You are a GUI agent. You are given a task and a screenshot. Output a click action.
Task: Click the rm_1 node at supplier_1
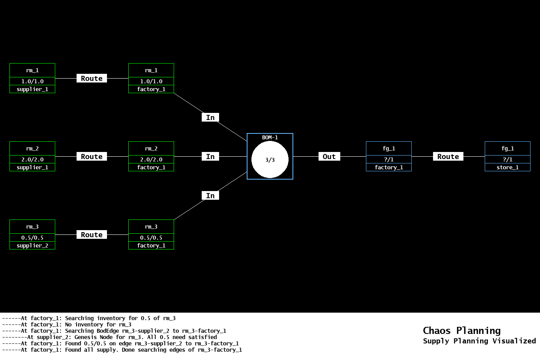32,78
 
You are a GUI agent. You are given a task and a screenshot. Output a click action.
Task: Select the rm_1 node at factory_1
151,78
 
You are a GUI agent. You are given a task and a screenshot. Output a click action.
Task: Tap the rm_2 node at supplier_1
32,156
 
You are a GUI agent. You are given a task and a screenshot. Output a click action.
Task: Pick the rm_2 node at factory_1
151,156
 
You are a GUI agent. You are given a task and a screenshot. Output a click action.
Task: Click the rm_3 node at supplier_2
32,234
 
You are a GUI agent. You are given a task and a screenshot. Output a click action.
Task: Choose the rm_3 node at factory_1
151,234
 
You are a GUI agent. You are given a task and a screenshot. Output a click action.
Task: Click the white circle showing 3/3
270,160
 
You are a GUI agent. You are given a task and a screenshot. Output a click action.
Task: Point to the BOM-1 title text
270,137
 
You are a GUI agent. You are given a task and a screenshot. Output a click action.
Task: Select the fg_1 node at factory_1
389,156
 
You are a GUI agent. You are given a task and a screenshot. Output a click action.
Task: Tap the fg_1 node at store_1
508,156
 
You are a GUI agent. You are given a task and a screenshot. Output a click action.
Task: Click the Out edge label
329,156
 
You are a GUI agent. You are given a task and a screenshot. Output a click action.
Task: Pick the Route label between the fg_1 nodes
448,156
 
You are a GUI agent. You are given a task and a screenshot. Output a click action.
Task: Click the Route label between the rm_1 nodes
92,78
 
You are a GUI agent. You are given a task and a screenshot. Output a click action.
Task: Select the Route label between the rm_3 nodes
92,234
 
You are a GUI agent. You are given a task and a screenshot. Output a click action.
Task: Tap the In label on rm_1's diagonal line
210,117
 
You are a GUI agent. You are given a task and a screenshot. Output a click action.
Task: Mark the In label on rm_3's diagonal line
210,195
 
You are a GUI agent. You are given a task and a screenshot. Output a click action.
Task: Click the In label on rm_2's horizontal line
210,156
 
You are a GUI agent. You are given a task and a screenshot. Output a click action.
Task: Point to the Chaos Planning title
461,330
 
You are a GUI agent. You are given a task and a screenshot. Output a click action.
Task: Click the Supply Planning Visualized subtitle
479,341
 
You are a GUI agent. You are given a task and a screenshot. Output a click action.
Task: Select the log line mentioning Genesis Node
110,337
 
